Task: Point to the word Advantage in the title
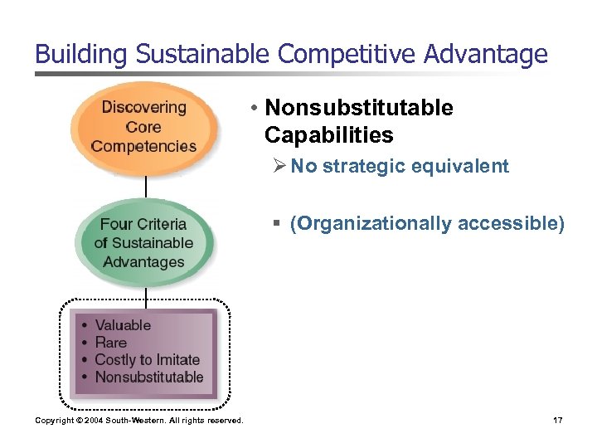488,55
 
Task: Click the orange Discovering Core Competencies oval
144,127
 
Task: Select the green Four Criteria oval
144,243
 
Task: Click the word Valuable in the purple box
123,325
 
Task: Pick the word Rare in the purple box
111,343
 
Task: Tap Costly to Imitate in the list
148,360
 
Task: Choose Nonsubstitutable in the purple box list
149,377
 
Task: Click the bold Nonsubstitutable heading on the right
358,108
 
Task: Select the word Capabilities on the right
328,134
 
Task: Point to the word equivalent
464,166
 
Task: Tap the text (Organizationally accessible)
426,223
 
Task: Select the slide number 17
557,421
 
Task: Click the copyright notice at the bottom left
139,421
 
